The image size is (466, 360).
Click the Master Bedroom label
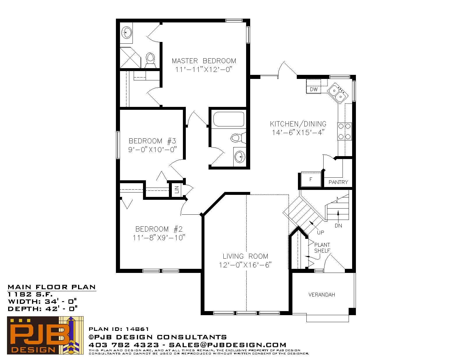(x=204, y=61)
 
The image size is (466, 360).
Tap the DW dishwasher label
(x=314, y=89)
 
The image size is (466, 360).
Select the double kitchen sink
(x=338, y=93)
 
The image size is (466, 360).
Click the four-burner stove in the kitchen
(x=345, y=131)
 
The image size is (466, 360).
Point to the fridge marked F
(x=311, y=179)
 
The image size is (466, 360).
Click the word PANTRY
(x=338, y=182)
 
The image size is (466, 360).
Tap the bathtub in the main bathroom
(x=229, y=119)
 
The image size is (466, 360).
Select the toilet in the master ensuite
(x=151, y=60)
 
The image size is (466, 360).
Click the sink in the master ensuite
(x=126, y=33)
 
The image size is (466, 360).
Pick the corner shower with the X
(x=130, y=58)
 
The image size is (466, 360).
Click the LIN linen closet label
(x=177, y=190)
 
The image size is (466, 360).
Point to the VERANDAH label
(x=322, y=295)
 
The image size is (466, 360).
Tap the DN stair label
(x=338, y=225)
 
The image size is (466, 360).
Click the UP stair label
(x=321, y=232)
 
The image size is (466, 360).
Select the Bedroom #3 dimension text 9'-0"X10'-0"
(x=153, y=149)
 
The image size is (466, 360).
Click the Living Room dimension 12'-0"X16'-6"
(x=245, y=265)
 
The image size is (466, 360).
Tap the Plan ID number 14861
(x=137, y=329)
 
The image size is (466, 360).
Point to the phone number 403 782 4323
(x=124, y=345)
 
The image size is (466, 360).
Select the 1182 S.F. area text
(x=30, y=294)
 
